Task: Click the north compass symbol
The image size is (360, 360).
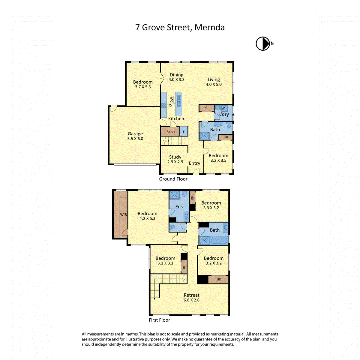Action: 263,43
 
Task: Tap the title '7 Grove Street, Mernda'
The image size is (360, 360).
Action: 180,28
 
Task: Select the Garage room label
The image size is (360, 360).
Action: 135,133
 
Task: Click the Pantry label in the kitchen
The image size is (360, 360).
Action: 171,131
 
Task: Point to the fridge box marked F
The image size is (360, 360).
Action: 184,131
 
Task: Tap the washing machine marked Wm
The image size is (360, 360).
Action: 224,108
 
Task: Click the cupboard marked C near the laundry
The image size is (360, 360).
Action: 206,108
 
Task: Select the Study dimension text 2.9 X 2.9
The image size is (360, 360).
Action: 175,162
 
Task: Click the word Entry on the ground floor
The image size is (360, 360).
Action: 194,163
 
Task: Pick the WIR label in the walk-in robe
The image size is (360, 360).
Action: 123,214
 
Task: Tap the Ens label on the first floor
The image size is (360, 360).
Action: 179,207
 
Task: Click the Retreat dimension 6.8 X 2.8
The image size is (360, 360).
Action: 191,300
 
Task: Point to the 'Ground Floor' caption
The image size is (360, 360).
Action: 173,179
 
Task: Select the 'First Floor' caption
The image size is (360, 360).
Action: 159,320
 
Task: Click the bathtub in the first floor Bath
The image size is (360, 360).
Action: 219,241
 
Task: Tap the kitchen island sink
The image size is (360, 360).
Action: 179,101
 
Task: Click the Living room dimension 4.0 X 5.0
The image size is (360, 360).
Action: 214,84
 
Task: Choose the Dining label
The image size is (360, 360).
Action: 176,75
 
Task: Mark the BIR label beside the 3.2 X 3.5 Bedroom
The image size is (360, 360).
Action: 226,137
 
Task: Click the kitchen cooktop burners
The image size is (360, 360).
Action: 164,105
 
